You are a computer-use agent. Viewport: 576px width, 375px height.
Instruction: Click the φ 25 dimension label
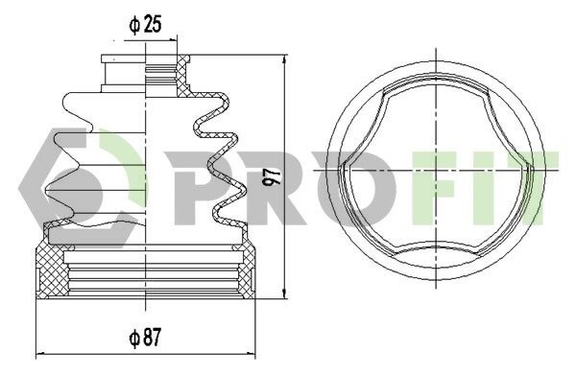[x=145, y=25]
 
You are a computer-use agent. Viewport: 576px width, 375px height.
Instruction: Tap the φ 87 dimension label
[x=145, y=338]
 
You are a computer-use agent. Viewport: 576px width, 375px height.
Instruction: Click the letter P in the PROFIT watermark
[x=194, y=188]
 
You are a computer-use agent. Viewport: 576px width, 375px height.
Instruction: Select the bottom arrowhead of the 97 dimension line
[x=284, y=293]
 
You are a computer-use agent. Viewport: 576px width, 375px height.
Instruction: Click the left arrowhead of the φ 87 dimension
[x=41, y=354]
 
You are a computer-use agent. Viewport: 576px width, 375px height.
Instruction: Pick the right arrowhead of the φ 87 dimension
[x=250, y=354]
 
